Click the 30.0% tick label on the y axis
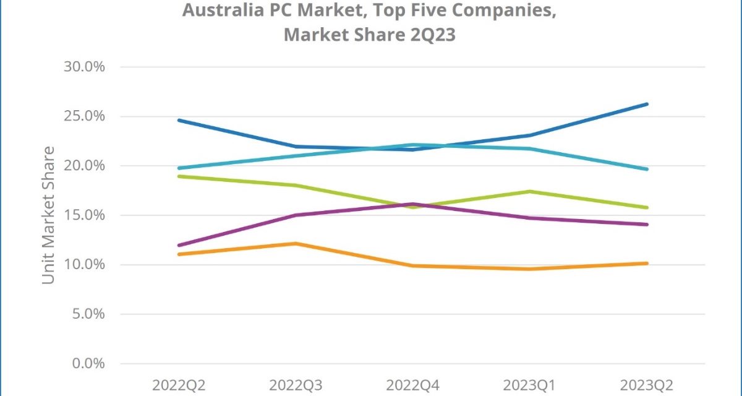click(85, 67)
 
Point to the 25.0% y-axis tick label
click(85, 116)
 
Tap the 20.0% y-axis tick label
click(85, 166)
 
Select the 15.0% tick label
click(85, 215)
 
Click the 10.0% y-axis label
click(85, 265)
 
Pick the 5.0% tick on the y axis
click(88, 314)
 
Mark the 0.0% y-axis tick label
click(88, 364)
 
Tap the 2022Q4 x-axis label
click(412, 385)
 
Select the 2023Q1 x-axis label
click(529, 385)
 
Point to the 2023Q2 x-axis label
click(647, 385)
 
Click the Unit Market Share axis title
click(48, 215)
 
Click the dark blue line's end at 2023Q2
click(647, 104)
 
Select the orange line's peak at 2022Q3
click(296, 244)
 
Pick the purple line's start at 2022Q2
click(178, 246)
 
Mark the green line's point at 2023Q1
click(530, 191)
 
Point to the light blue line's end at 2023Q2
click(647, 169)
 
